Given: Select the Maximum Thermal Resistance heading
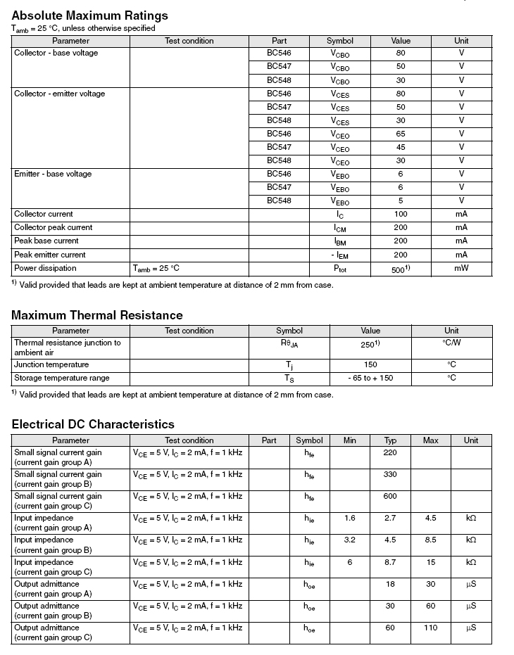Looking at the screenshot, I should [x=96, y=315].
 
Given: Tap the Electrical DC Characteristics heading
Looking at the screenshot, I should [x=92, y=424].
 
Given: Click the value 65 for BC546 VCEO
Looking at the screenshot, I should [x=401, y=134].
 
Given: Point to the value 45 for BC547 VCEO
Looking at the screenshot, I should [x=401, y=147].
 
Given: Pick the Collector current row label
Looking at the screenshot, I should [x=44, y=214].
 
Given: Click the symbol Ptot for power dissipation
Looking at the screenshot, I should [x=340, y=269].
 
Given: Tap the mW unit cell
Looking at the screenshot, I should [x=461, y=268].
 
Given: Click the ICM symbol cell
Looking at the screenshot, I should [x=340, y=228].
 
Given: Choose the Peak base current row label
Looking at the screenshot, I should [x=46, y=241].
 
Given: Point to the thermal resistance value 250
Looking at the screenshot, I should [x=370, y=344].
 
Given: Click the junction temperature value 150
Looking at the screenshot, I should [x=370, y=364].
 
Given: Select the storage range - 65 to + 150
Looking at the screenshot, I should [x=370, y=378].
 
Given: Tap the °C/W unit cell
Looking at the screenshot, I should [x=451, y=343].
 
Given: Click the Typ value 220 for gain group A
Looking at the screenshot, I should [x=390, y=452].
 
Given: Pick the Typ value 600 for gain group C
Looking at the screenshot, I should [x=390, y=496].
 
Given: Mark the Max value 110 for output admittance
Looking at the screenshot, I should [x=430, y=628].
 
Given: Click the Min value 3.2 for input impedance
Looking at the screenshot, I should [x=350, y=540].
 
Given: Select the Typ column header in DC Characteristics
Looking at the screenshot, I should [x=390, y=440].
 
